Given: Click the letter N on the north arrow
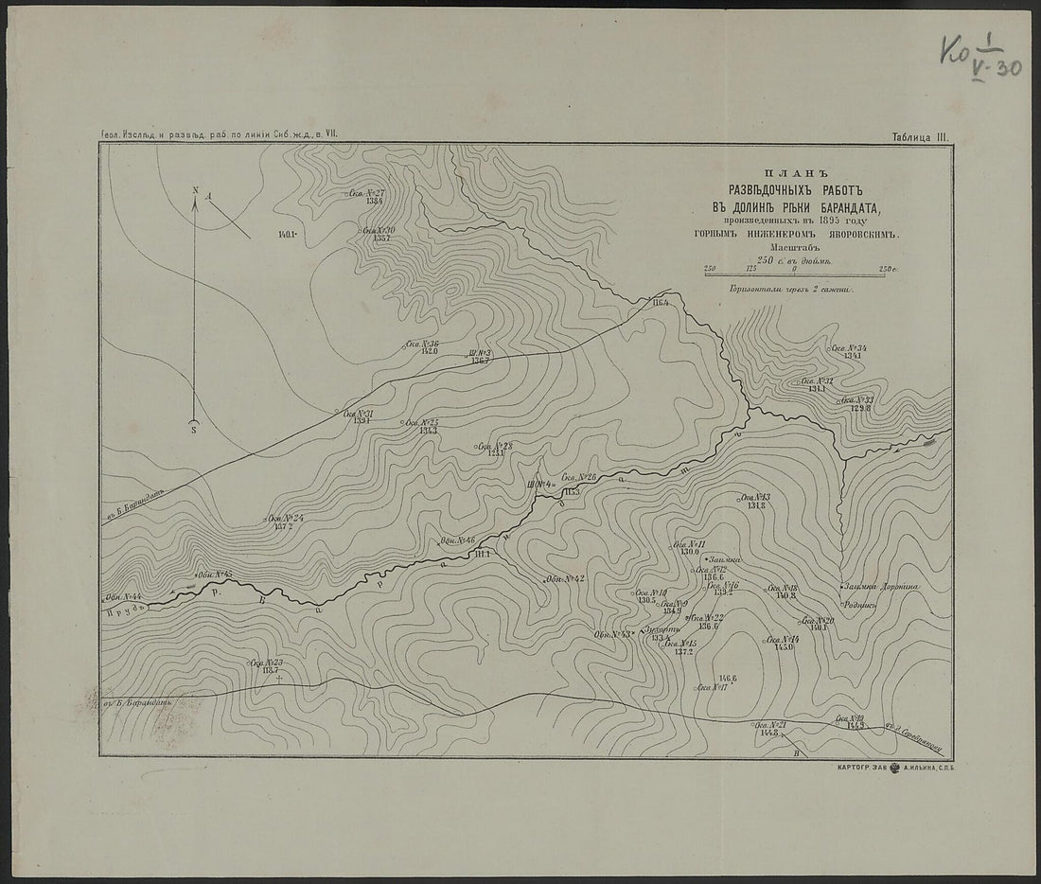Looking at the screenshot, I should click(195, 191).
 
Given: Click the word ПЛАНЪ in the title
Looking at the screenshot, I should click(798, 173).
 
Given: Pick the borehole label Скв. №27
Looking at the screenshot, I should click(366, 193).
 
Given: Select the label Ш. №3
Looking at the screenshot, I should click(481, 354).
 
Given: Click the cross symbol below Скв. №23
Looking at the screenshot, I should click(279, 680).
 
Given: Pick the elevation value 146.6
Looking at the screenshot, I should click(727, 679).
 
